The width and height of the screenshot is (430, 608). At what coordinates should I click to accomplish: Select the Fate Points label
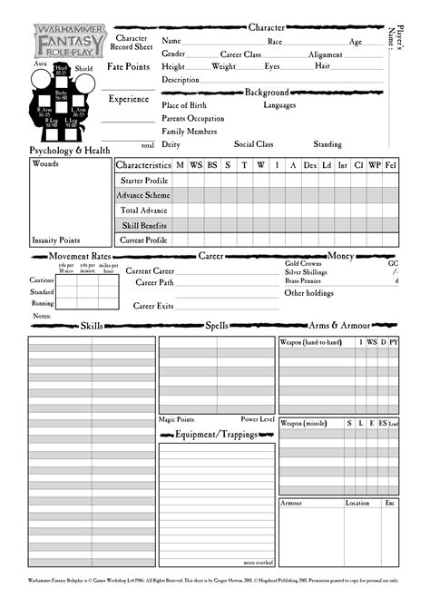coord(128,67)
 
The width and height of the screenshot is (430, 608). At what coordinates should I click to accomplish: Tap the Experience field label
coord(128,98)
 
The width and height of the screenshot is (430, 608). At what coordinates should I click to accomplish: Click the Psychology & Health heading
coord(71,150)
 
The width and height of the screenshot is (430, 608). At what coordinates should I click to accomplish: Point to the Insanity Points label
coord(54,240)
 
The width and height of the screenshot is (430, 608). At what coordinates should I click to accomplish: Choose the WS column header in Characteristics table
coord(196,165)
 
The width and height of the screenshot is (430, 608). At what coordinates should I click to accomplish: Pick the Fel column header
coord(390,165)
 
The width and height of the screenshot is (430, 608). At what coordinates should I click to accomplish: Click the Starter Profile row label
coord(144,181)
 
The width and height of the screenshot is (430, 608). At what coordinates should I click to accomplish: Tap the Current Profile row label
coord(143,240)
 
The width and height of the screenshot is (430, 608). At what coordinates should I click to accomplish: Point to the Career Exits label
coord(153,306)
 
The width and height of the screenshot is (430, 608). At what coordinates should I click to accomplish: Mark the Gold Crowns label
coord(304,263)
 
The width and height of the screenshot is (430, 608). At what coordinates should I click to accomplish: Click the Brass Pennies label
coord(304,281)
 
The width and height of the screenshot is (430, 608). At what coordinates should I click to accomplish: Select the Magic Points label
coord(177,420)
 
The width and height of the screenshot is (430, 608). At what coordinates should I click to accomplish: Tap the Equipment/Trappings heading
coord(216,435)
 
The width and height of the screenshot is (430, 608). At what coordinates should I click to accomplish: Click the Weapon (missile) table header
coord(303,424)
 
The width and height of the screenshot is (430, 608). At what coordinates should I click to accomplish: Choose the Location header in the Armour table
coord(357,503)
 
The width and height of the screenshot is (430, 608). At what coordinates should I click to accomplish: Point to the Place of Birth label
coord(184,105)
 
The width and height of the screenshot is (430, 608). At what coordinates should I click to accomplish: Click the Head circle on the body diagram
coord(61,69)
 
